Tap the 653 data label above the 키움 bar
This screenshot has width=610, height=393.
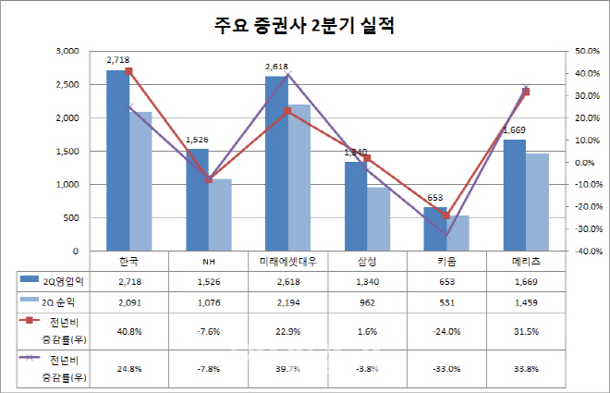435,197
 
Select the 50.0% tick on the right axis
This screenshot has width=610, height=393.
587,52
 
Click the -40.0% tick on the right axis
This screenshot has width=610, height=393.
585,252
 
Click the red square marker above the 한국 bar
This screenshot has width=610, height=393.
128,71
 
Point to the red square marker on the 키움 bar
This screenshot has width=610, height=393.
445,215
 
